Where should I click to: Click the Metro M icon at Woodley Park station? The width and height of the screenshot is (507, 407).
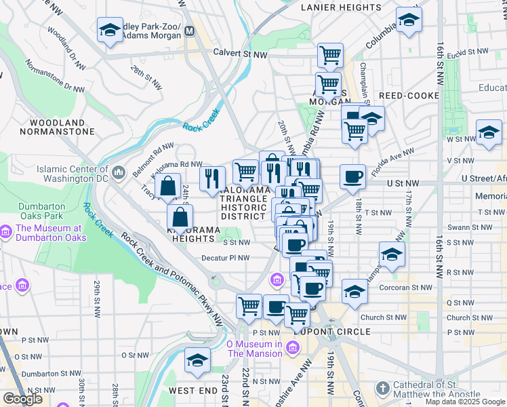click(190, 31)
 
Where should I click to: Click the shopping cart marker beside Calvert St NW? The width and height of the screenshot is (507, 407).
click(330, 54)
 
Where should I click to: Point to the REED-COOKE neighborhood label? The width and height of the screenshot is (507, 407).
click(409, 96)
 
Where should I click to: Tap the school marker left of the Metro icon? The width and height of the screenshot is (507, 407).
click(110, 30)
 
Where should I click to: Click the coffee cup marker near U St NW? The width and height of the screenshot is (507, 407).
click(352, 178)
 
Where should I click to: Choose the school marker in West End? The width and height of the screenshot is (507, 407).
click(197, 359)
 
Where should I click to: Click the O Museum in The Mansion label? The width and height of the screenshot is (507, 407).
click(254, 349)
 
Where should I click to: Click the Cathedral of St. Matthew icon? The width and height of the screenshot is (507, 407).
click(383, 388)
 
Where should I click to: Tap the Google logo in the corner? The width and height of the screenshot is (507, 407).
click(22, 398)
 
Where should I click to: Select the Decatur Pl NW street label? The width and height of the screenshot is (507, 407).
click(226, 258)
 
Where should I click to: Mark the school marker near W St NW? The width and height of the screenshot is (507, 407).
click(489, 133)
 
